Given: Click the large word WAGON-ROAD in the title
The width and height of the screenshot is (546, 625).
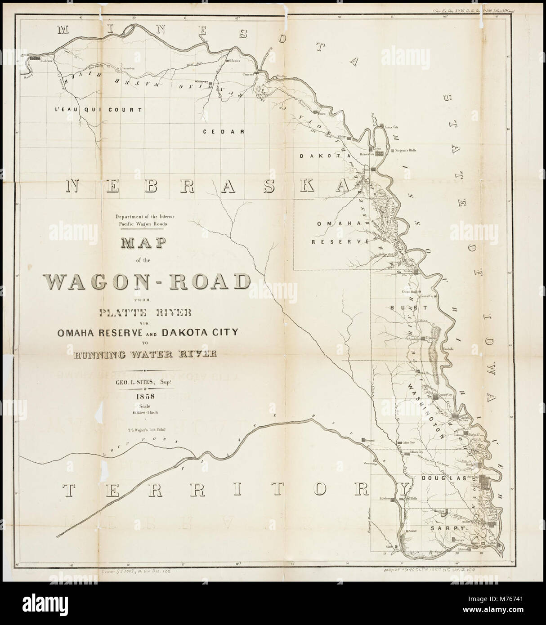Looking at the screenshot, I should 148,282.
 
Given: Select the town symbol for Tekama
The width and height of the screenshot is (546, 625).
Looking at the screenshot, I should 424,338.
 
